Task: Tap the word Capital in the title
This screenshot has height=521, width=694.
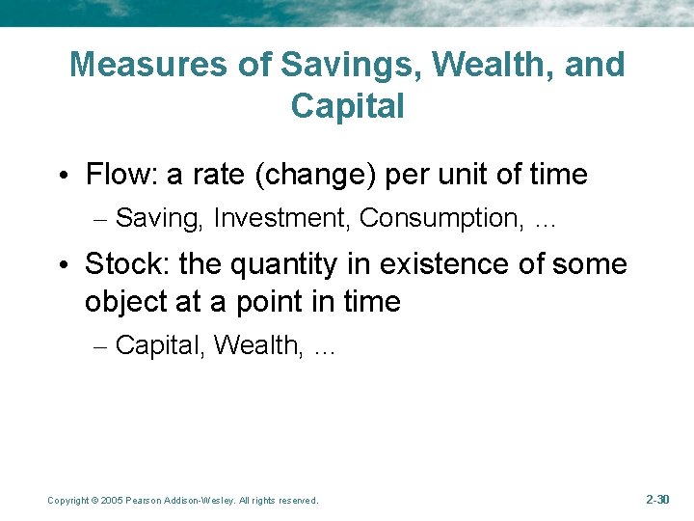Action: tap(347, 106)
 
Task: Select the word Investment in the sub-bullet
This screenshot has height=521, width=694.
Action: tap(282, 219)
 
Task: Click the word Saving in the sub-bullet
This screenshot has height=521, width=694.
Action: tap(158, 219)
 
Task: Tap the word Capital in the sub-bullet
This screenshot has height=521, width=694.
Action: tap(159, 345)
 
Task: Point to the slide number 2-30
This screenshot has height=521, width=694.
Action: tap(656, 500)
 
